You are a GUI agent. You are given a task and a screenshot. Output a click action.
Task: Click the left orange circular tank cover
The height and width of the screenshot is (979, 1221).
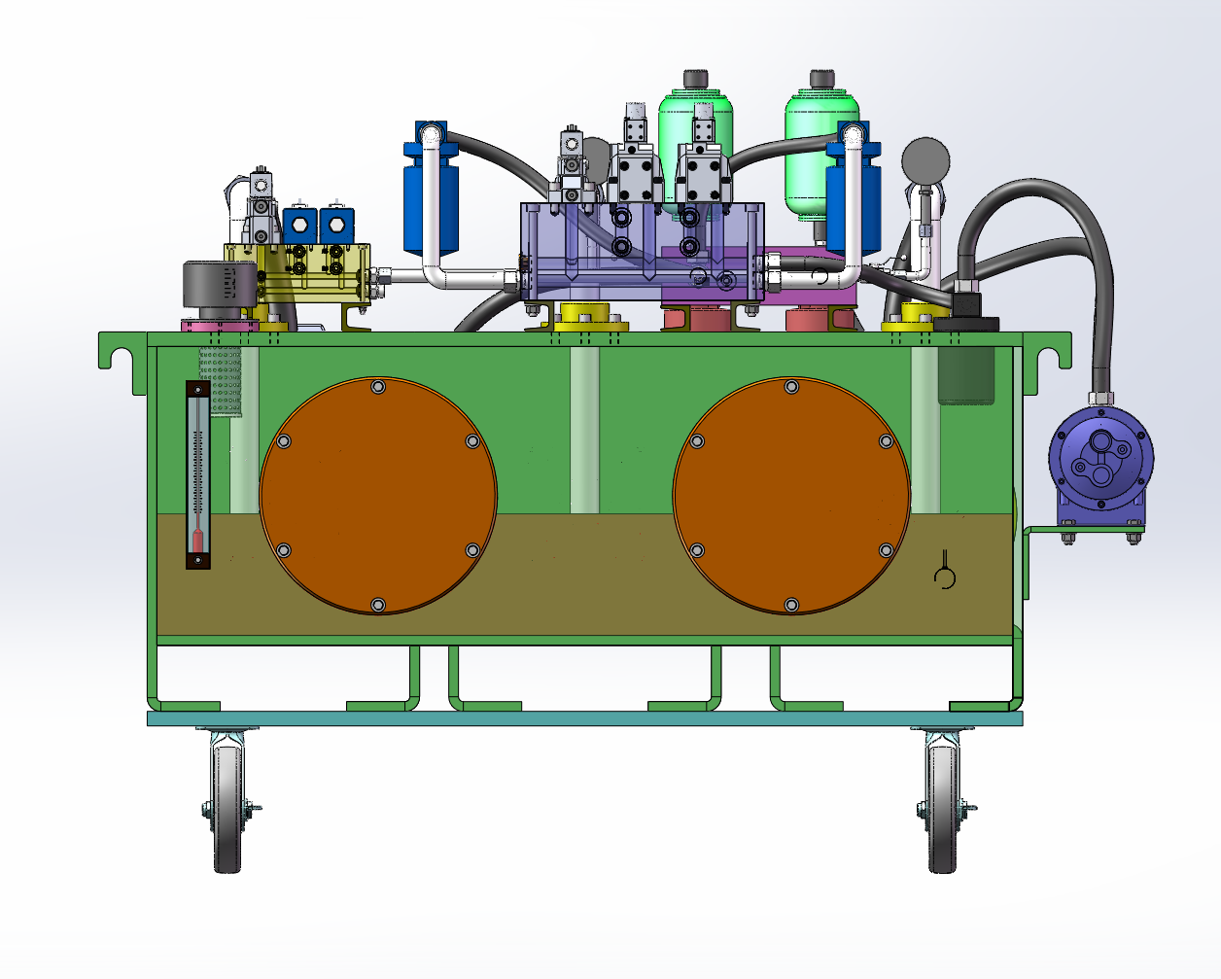(x=378, y=496)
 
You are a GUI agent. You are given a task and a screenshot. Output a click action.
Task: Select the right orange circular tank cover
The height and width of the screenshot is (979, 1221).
(x=791, y=496)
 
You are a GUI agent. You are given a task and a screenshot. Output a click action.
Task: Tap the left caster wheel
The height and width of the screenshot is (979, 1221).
(x=227, y=807)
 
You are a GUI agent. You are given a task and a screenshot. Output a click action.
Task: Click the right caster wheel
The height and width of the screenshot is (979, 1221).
(x=942, y=807)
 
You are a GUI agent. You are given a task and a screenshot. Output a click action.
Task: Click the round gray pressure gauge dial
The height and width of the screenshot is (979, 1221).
(x=925, y=160)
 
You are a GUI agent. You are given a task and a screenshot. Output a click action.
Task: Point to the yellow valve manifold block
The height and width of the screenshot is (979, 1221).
(x=301, y=272)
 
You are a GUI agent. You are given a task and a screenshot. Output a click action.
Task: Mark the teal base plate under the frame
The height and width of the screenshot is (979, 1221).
(x=583, y=718)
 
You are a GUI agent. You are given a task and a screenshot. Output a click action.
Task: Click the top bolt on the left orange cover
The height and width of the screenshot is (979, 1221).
(x=378, y=387)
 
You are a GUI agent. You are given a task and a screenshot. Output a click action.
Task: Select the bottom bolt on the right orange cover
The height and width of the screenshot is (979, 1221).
(x=791, y=605)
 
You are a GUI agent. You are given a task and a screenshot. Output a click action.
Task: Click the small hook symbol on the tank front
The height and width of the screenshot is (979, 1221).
(x=944, y=575)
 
